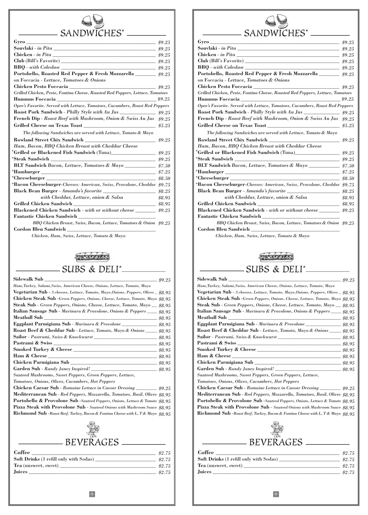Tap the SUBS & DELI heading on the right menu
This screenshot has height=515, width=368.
(275, 269)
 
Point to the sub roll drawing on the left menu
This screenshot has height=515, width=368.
(92, 257)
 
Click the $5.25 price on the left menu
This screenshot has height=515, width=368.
(164, 126)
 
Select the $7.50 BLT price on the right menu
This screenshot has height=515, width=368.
(348, 166)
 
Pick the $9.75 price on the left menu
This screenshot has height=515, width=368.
(164, 185)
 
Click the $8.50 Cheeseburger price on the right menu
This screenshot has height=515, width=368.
(348, 178)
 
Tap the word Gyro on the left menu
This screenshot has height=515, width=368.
(19, 42)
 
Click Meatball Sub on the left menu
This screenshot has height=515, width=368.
(28, 318)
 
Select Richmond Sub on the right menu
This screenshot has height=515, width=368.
(214, 413)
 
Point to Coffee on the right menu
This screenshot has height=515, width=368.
(206, 453)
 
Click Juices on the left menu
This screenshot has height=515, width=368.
(21, 472)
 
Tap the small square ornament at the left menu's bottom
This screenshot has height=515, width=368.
(92, 494)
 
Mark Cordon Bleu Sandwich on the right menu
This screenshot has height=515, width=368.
(223, 229)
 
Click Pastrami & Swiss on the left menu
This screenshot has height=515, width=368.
(33, 343)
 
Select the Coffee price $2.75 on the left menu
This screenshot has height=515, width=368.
(164, 453)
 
